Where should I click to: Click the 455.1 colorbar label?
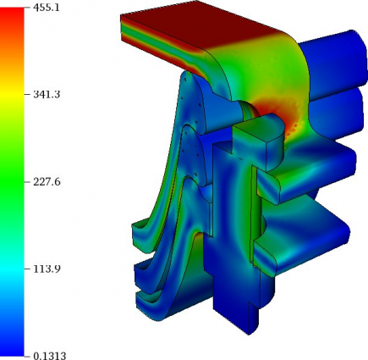47,8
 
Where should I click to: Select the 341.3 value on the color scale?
47,94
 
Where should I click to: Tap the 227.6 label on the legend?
47,182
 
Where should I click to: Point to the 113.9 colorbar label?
47,269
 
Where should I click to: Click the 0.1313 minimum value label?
50,356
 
